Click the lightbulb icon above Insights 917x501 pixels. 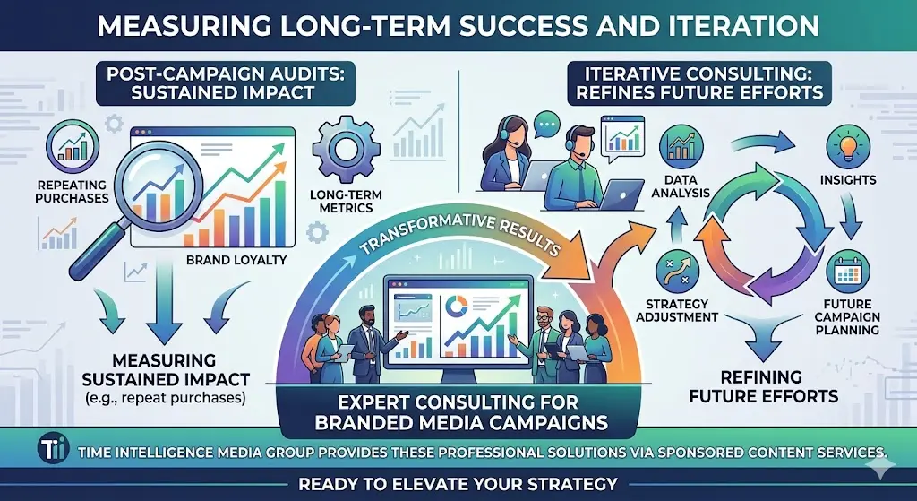845,145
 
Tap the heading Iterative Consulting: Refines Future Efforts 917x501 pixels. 695,82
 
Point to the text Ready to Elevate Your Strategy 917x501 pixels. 458,485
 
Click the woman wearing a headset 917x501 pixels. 502,158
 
